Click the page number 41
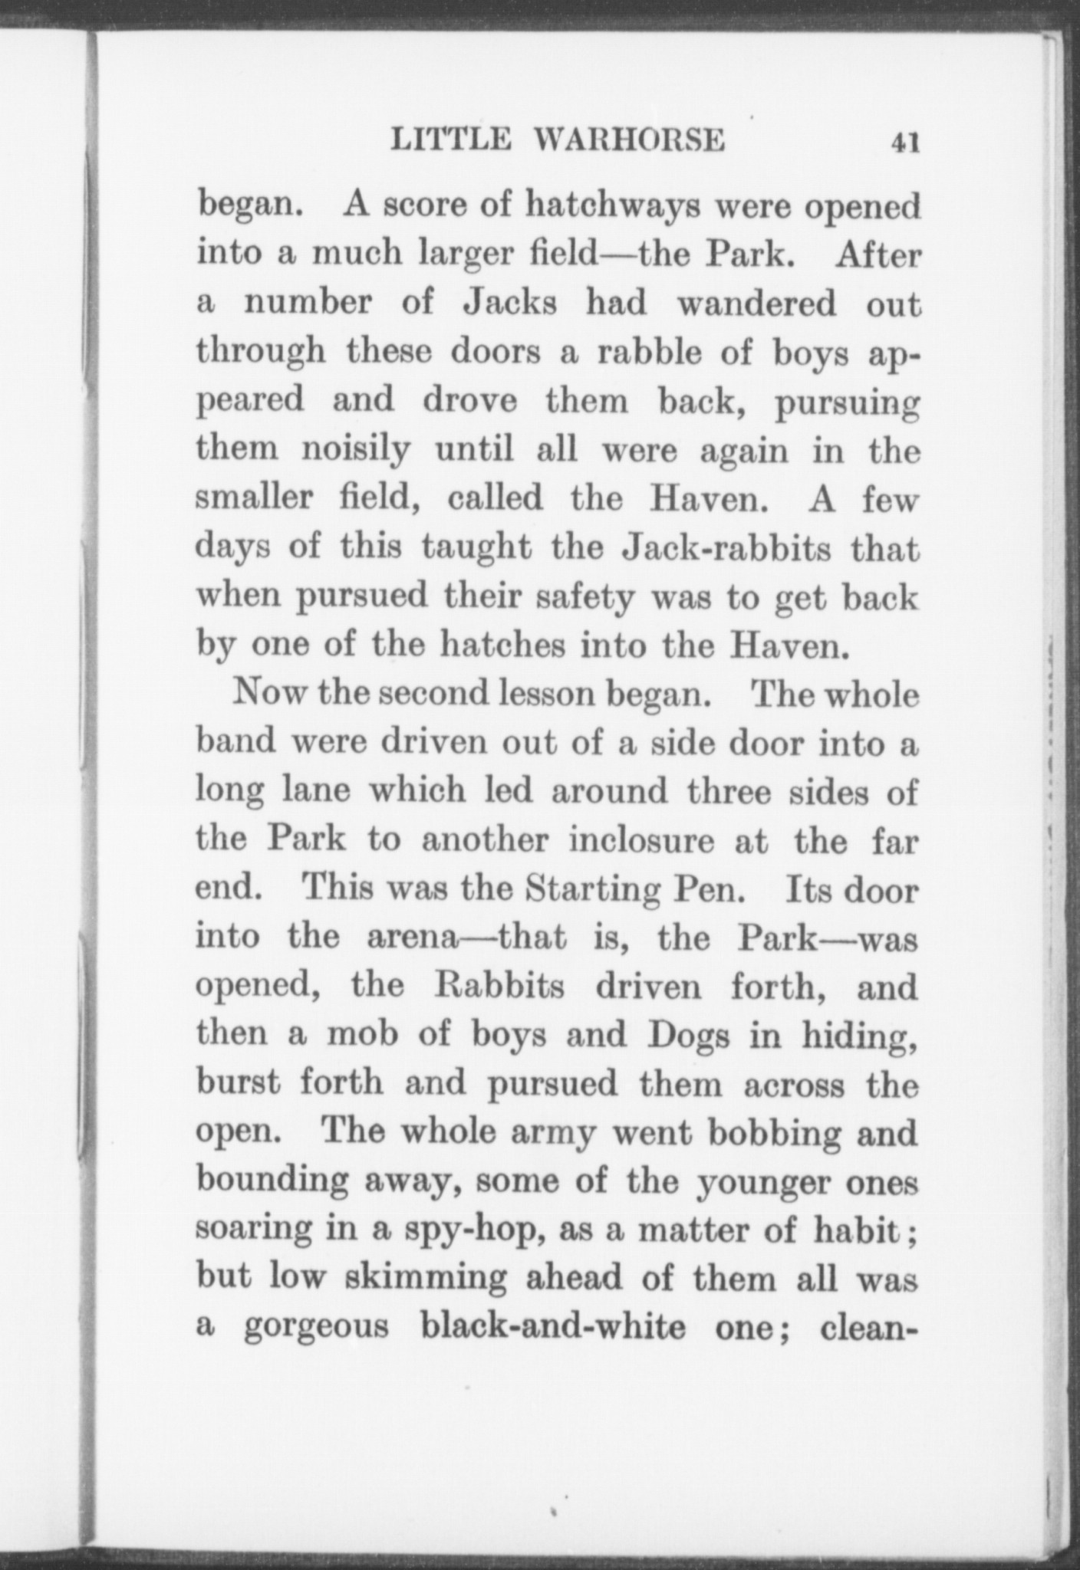pyautogui.click(x=904, y=143)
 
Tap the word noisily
pyautogui.click(x=355, y=451)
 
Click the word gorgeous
pyautogui.click(x=316, y=1329)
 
